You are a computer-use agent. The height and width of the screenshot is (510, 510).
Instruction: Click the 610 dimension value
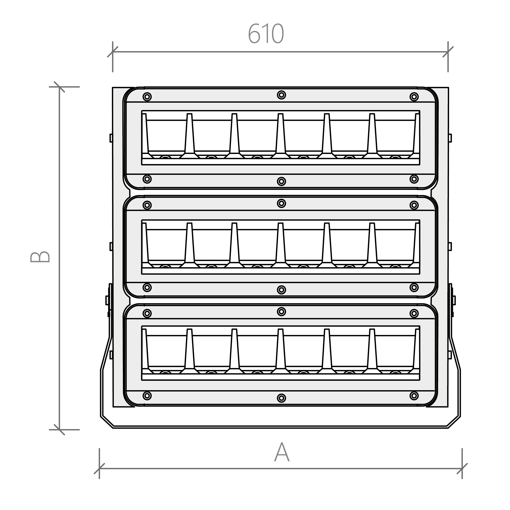(x=266, y=33)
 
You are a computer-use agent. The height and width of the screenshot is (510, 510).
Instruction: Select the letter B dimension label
(x=40, y=257)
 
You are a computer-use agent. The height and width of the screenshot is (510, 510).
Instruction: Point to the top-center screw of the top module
(x=281, y=95)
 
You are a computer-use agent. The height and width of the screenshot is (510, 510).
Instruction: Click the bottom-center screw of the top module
(x=281, y=181)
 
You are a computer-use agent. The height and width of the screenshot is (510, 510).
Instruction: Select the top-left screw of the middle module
(x=147, y=205)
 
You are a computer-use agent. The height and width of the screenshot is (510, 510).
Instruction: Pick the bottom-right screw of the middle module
(x=414, y=287)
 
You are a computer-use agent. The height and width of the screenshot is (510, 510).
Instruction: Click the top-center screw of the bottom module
(x=281, y=312)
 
